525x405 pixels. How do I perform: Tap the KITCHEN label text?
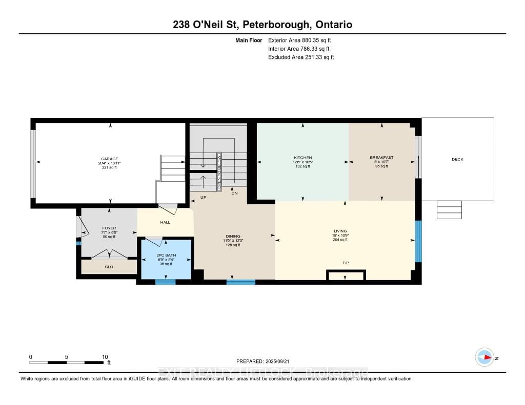coord(302,158)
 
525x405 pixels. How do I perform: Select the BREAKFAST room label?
coord(381,158)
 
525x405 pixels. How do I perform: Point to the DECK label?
coord(457,159)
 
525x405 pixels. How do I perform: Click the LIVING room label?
coord(340,231)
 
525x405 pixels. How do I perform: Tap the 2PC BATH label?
coord(166,255)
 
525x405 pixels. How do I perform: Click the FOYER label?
coord(109,228)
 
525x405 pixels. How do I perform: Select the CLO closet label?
coord(109,267)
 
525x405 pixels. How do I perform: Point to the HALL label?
coord(165,222)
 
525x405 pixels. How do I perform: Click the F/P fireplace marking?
coord(346,263)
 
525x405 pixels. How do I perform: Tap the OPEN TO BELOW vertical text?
coord(218,172)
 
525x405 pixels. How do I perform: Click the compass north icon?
coord(484,357)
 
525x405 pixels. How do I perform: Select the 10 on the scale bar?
coord(105,357)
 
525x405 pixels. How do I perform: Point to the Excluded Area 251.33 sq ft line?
coord(301,57)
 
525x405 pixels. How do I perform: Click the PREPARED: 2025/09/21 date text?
coord(266,361)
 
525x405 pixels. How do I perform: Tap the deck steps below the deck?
coord(449,210)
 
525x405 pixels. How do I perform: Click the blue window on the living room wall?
coord(418,241)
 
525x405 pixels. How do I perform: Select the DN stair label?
coord(234,193)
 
